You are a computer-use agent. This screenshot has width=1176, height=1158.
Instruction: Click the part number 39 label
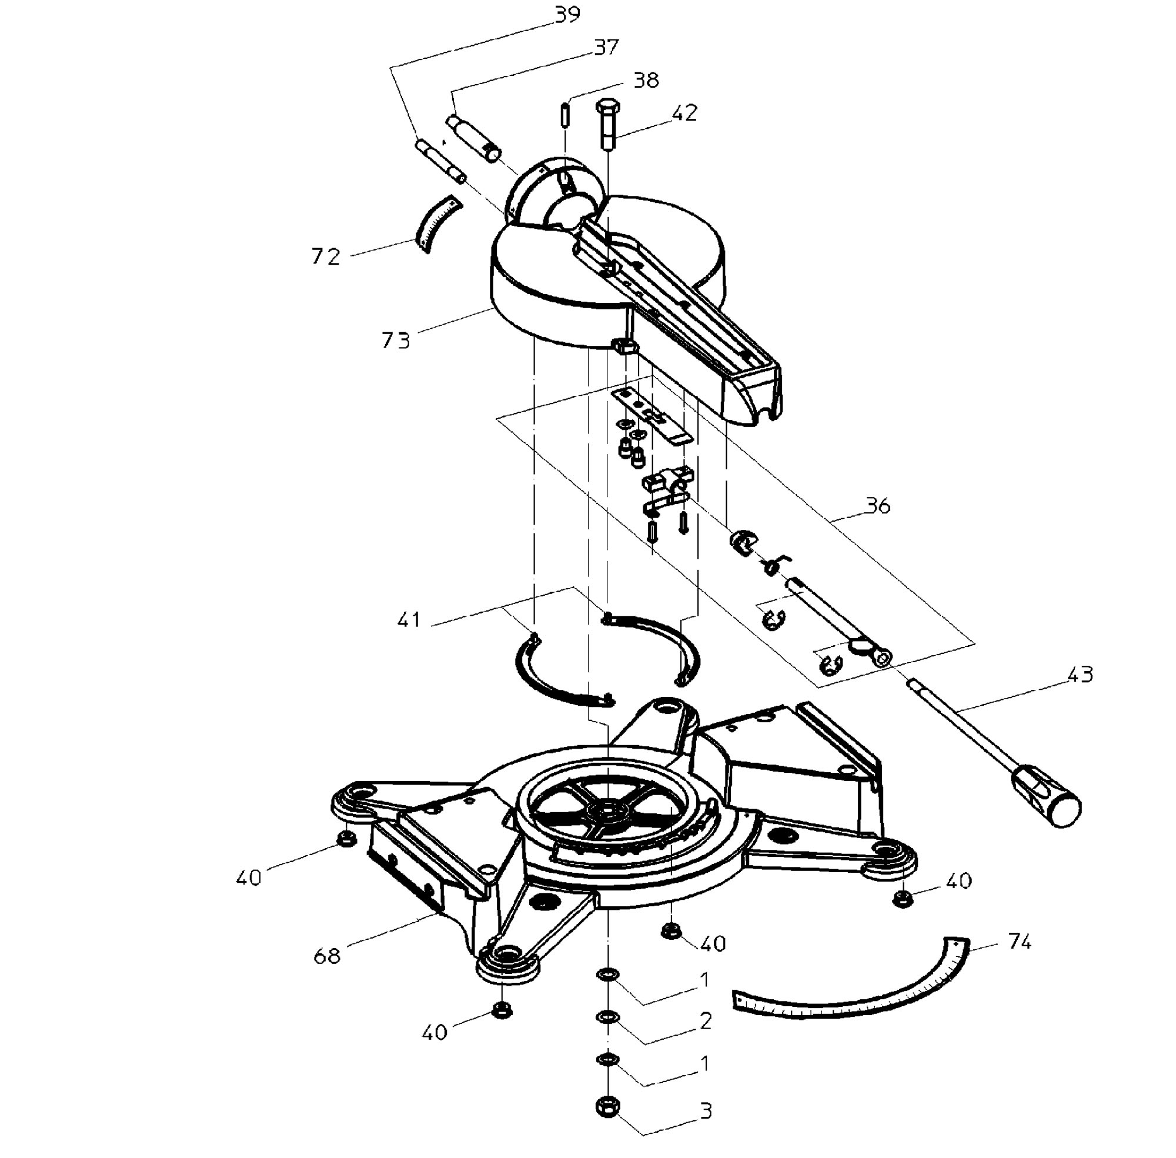coord(567,15)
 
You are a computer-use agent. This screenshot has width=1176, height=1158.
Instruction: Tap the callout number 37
coord(606,47)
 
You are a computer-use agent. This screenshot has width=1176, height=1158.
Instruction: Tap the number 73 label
coord(396,341)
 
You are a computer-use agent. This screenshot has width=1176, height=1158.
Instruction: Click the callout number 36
coord(877,505)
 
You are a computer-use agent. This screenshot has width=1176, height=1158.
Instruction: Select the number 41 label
coord(409,620)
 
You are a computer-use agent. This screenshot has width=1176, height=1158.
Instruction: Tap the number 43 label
coord(1080,675)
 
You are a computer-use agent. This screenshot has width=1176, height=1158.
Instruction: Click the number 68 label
coord(327,956)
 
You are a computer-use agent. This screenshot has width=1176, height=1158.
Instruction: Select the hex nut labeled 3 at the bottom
coord(607,1105)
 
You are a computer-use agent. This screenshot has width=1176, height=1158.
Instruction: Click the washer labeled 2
coord(607,1017)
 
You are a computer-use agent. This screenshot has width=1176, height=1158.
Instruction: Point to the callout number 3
coord(706,1111)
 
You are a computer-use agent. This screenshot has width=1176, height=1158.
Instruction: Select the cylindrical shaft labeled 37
coord(475,139)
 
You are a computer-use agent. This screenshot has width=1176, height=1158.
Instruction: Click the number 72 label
coord(325,256)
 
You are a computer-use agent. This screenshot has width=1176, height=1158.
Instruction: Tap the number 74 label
coord(1020,942)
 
